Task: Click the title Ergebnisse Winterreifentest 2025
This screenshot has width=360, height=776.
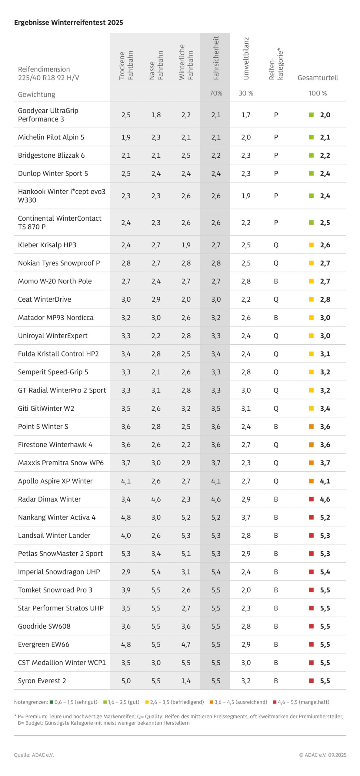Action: coord(68,22)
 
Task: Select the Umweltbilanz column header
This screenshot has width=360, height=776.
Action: coord(246,59)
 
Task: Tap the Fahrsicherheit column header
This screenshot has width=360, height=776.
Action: coord(216,58)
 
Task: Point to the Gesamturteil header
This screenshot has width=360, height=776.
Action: coord(318,78)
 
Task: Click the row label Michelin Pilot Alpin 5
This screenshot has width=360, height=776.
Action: coord(51,137)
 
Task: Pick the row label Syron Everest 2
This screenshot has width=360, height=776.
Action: coord(42,681)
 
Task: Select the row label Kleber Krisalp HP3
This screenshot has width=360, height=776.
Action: coord(47,245)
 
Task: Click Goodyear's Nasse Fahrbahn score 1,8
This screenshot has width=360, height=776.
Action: coord(156,115)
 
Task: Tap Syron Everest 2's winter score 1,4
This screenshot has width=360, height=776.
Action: coord(186,681)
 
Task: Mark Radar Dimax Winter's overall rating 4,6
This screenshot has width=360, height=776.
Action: coord(325,499)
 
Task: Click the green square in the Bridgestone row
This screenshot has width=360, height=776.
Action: coord(311,155)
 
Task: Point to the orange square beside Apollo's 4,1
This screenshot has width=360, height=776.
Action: coord(311,481)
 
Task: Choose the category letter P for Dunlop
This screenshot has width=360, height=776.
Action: coord(276,173)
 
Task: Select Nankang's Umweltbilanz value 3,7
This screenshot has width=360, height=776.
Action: coord(246,517)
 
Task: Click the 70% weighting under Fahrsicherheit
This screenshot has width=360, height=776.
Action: coord(216,93)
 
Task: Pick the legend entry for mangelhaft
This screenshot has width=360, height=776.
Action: coord(303,702)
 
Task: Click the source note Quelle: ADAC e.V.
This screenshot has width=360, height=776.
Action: coord(34,755)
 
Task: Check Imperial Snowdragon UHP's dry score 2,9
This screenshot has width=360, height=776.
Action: coord(126,572)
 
